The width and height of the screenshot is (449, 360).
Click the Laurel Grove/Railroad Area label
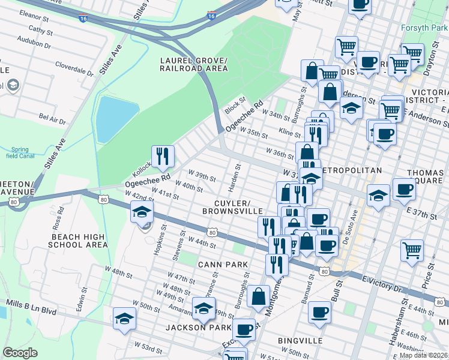click(x=194, y=65)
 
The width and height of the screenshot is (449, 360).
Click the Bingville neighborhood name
click(x=300, y=341)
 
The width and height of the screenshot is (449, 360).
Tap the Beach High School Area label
click(x=77, y=241)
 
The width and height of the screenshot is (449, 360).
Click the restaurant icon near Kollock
click(x=163, y=157)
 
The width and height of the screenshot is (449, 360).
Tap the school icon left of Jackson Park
click(x=124, y=318)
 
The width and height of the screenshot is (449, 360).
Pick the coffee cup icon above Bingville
click(x=319, y=312)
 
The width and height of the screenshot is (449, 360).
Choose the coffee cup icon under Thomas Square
click(x=404, y=190)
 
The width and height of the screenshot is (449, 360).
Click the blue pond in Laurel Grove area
click(x=117, y=118)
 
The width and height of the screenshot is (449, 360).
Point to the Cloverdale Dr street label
click(x=74, y=68)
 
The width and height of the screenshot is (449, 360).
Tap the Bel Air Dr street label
click(x=52, y=117)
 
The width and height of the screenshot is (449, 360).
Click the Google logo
click(x=20, y=353)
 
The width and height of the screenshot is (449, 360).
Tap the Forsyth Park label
click(x=426, y=28)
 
